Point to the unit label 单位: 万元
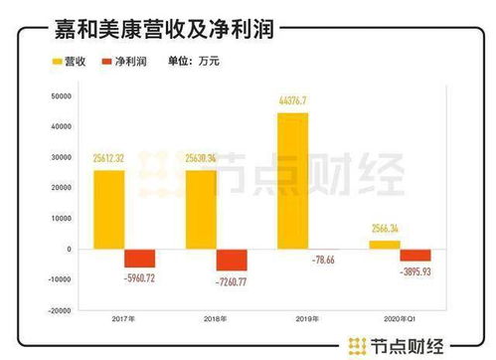tap(199, 61)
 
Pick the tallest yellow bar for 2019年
tap(292, 180)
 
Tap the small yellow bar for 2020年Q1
tap(384, 244)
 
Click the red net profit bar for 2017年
tap(139, 258)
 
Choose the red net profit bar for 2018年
tap(231, 260)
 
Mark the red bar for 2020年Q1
tap(414, 255)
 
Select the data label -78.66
tap(324, 261)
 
